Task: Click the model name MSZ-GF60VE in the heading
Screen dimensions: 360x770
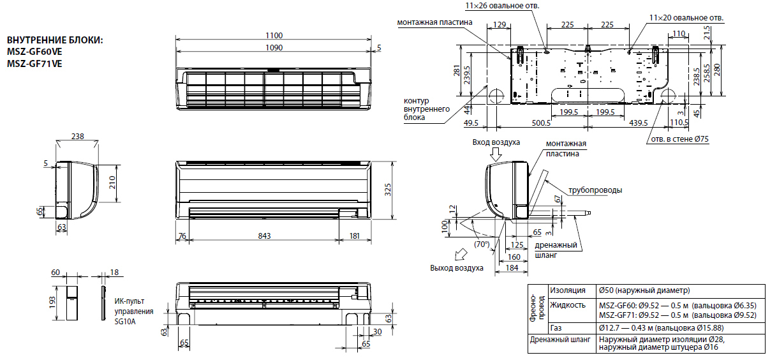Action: tap(34, 52)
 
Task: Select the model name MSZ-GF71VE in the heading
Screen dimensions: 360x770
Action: tap(34, 63)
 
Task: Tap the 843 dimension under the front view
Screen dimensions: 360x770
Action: tap(264, 236)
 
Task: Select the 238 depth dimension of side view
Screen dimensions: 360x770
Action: tap(77, 137)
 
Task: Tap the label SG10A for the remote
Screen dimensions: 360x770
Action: tap(126, 322)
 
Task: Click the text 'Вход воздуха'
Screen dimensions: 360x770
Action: tap(496, 142)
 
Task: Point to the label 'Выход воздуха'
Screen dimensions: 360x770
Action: tap(457, 267)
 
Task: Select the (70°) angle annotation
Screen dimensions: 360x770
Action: tap(482, 244)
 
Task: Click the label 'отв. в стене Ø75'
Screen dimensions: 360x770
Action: tap(679, 139)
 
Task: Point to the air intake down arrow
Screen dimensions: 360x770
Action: tap(496, 154)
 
